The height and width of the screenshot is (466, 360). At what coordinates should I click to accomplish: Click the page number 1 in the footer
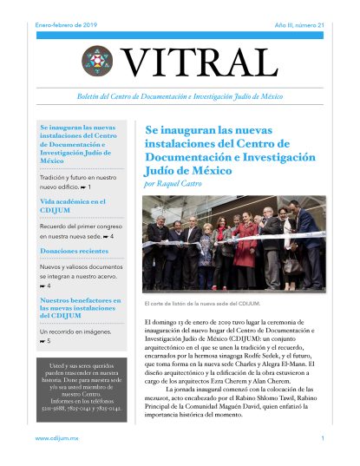pos(322,439)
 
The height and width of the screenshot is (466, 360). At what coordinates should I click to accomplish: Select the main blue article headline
pos(228,148)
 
